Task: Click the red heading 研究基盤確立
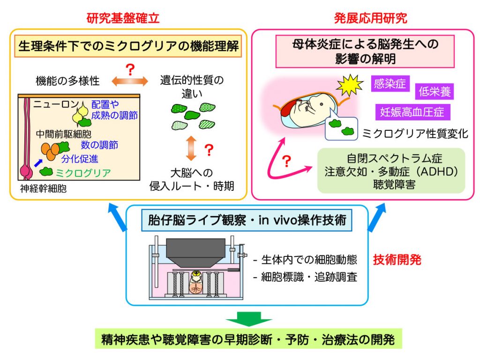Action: pos(123,18)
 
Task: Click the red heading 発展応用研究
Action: pos(370,18)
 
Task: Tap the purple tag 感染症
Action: pos(390,83)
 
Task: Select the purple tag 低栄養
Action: pos(435,91)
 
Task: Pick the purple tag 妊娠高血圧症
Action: pos(412,112)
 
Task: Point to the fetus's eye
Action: pos(322,104)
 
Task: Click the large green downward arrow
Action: pos(248,319)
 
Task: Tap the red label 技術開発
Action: pos(397,260)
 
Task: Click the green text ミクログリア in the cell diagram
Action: pos(83,173)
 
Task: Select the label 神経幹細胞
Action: pos(43,188)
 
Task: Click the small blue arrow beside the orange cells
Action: pos(38,163)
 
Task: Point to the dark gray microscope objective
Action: pos(195,253)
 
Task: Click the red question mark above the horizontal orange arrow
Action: pos(130,69)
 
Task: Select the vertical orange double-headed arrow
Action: pos(191,149)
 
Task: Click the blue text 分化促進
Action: pos(80,159)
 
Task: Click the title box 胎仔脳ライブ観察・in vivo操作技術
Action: pos(247,220)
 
